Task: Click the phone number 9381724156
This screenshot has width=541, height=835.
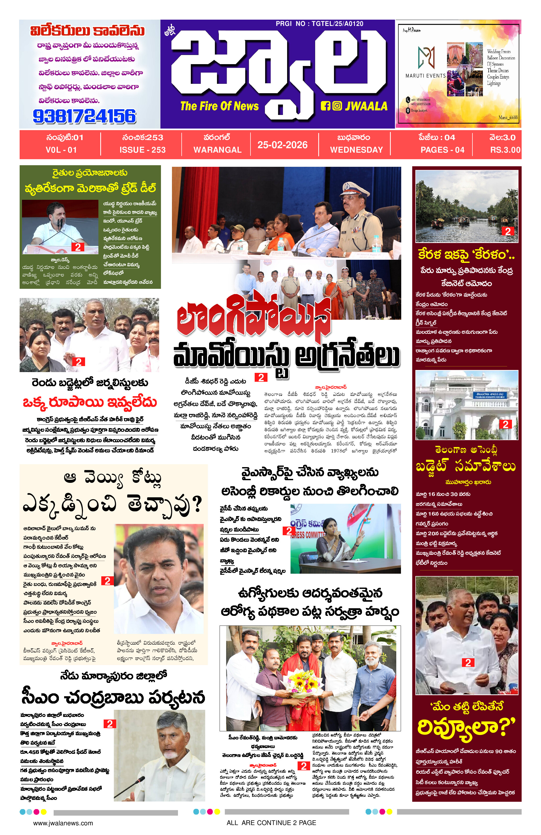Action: pyautogui.click(x=84, y=116)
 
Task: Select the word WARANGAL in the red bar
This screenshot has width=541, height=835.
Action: pyautogui.click(x=217, y=150)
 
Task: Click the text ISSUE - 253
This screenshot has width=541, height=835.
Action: pyautogui.click(x=142, y=150)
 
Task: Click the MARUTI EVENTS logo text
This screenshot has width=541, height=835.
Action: pyautogui.click(x=425, y=75)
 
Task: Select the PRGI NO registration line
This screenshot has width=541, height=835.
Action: pyautogui.click(x=319, y=24)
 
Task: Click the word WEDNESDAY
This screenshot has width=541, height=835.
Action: pyautogui.click(x=356, y=150)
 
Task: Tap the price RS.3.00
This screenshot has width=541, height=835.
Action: pyautogui.click(x=505, y=150)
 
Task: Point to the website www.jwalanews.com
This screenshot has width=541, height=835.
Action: pyautogui.click(x=63, y=823)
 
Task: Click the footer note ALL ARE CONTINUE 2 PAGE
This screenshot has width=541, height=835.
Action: pyautogui.click(x=271, y=823)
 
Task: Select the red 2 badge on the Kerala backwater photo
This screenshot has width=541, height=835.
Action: pyautogui.click(x=507, y=231)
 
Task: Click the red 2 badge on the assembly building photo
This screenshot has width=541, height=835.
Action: pyautogui.click(x=505, y=424)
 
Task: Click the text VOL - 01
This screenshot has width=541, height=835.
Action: pyautogui.click(x=61, y=150)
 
